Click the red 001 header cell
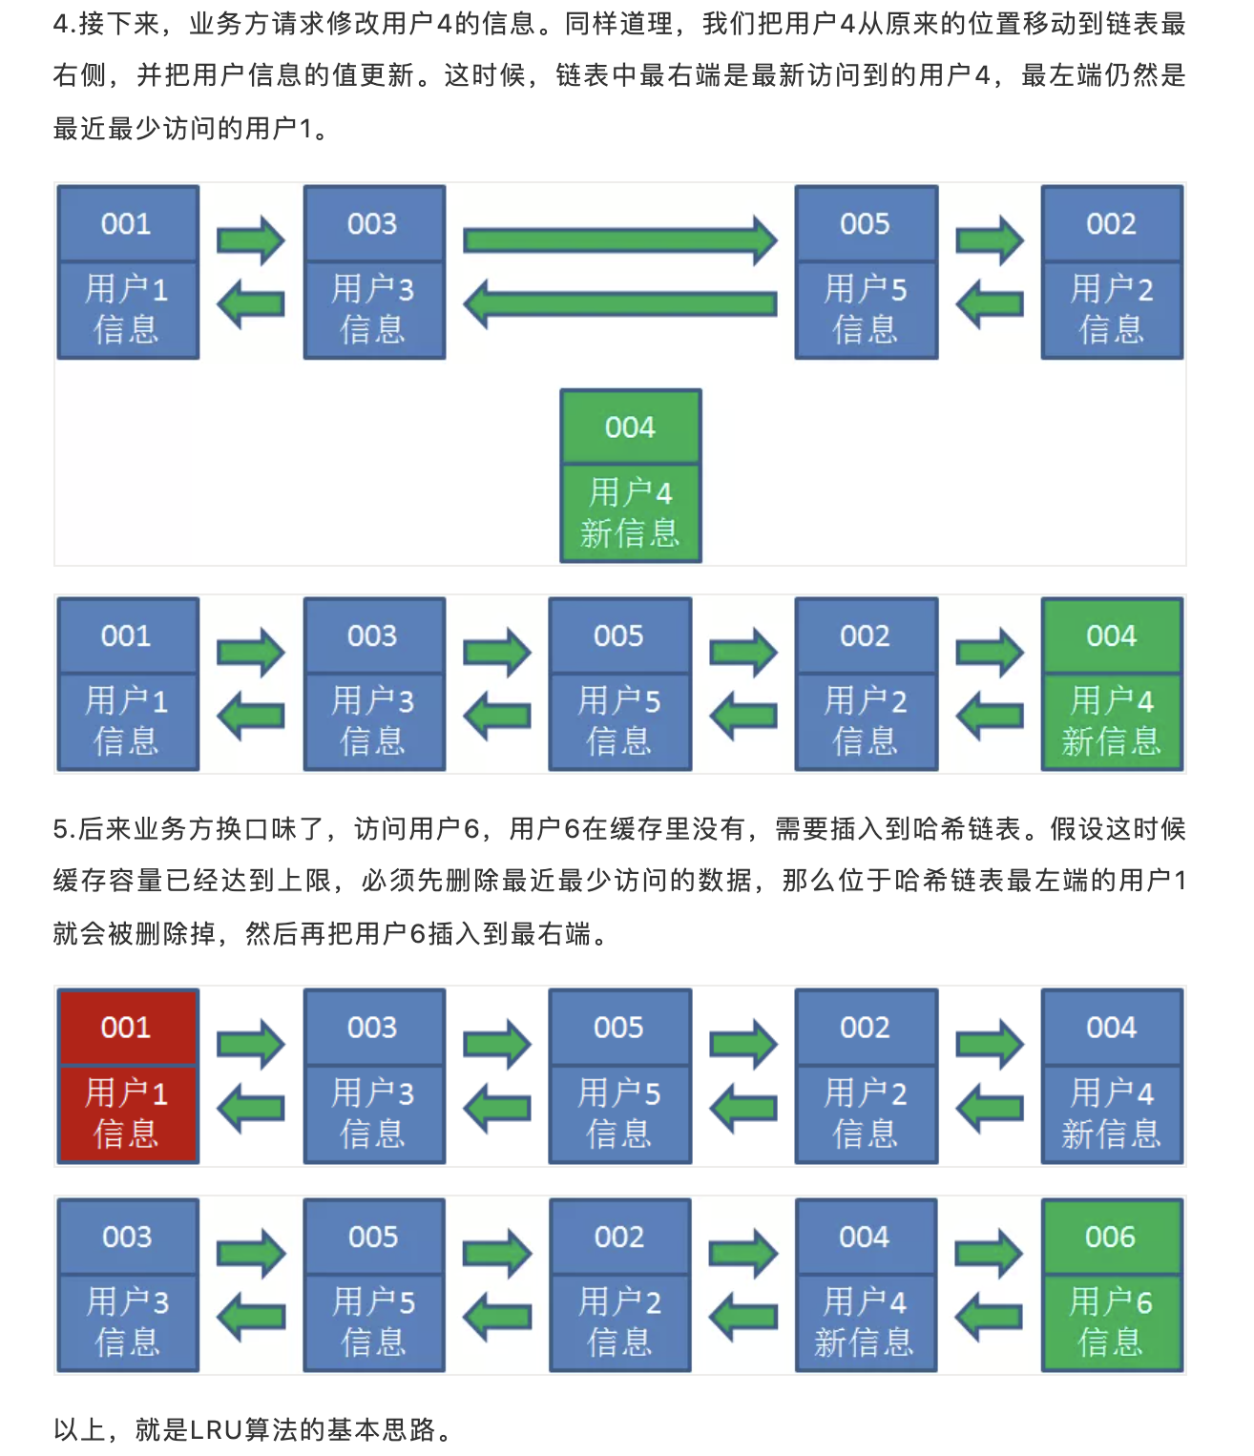pos(127,1028)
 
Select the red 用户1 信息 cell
pos(127,1113)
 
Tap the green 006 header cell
pos(1111,1238)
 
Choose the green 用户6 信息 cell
pos(1111,1322)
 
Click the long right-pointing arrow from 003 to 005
pos(620,239)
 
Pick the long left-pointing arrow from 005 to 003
pos(620,304)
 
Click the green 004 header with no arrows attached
pos(631,427)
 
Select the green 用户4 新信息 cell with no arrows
pos(631,513)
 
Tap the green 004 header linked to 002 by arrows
pos(1112,636)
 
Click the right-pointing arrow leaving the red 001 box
pos(250,1044)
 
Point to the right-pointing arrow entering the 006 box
pos(990,1253)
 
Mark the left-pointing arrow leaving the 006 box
pos(990,1318)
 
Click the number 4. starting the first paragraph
pos(64,23)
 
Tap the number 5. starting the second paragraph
pos(64,828)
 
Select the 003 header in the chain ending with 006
pos(127,1238)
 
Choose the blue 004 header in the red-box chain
pos(1112,1028)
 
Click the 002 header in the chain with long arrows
pos(1112,224)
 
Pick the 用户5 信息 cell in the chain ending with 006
pos(373,1322)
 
